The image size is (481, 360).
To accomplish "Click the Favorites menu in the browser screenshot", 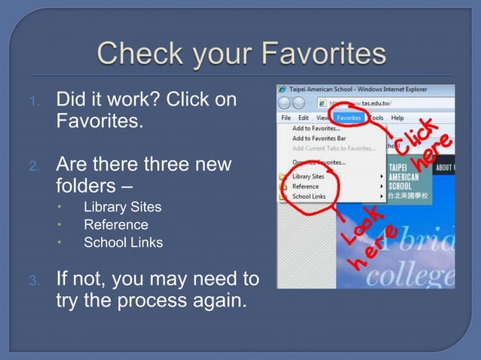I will (348, 117).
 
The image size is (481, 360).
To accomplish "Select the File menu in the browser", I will (286, 118).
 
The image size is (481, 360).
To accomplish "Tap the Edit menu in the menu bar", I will (303, 118).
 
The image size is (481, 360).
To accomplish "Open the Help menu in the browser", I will (397, 117).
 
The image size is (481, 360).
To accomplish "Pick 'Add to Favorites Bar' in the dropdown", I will (319, 139).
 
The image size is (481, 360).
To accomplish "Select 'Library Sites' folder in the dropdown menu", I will (308, 176).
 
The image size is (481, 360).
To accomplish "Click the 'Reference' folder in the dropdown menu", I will (305, 186).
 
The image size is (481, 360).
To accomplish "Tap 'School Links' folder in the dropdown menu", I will (309, 197).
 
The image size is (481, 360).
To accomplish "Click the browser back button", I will (285, 103).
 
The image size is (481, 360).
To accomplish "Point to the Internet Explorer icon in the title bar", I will (282, 88).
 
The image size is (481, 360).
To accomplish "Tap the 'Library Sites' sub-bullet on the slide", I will (122, 206).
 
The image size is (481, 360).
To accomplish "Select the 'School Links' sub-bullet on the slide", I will (123, 243).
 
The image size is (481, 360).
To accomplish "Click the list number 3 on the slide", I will (33, 281).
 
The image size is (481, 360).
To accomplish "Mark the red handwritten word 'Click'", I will (417, 136).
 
